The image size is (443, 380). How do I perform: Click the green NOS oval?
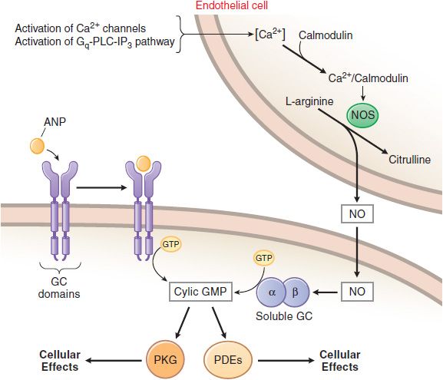362,115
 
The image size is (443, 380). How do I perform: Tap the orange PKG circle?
165,360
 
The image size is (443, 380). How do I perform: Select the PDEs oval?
228,360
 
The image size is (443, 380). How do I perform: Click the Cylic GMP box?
200,292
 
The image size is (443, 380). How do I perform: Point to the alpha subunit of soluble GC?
271,292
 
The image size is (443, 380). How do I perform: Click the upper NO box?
357,214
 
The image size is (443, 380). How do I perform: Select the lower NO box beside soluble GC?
357,292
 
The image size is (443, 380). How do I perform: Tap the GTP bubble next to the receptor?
170,244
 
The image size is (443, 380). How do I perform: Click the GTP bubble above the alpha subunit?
263,258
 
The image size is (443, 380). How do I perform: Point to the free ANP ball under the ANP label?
37,146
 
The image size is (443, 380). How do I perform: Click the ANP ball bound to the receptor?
144,164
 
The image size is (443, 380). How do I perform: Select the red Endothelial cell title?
232,5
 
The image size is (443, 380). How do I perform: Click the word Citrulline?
409,160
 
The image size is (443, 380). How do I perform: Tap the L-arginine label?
309,101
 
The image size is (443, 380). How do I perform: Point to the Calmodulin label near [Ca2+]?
326,35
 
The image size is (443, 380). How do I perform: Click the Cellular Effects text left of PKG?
60,361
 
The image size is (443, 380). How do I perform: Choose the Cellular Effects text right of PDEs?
340,361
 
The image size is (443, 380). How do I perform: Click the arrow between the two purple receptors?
101,187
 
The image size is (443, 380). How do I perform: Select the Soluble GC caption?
284,316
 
